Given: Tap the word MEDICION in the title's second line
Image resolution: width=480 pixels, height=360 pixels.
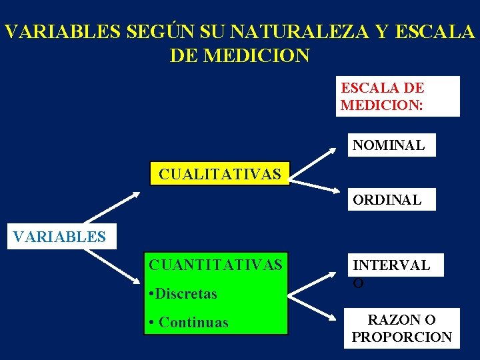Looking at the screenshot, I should click(x=257, y=55).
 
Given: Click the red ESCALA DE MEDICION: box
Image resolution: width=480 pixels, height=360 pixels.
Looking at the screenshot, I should click(x=397, y=96).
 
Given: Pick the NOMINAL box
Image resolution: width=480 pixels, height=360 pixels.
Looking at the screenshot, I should click(x=391, y=145).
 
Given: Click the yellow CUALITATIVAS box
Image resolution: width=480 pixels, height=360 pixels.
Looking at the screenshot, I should click(x=220, y=174).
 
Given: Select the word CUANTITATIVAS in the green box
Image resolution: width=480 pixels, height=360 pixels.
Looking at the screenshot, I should click(x=215, y=265).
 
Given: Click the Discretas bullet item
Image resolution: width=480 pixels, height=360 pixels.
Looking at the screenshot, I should click(x=184, y=294).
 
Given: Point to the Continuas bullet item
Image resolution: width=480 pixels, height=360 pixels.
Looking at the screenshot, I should click(x=189, y=323).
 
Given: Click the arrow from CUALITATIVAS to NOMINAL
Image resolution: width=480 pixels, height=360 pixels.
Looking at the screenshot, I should click(x=314, y=164).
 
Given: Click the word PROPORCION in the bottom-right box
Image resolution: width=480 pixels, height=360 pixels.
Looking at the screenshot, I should click(x=402, y=337).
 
